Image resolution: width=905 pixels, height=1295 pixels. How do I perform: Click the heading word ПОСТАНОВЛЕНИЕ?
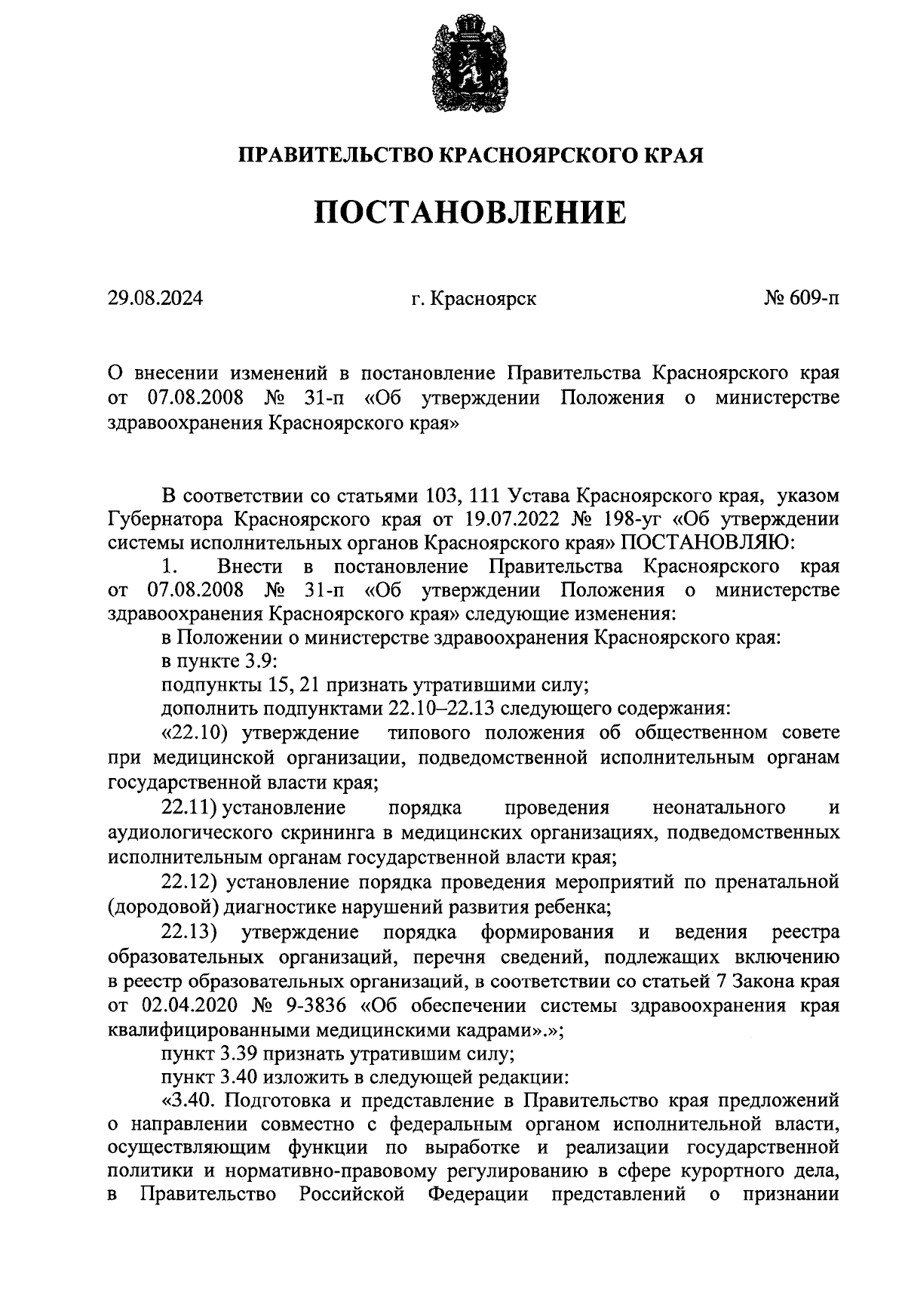point(471,214)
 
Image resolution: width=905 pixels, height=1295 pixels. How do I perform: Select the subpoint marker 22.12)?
point(190,881)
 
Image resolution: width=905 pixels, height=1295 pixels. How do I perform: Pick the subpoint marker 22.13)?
point(190,932)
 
